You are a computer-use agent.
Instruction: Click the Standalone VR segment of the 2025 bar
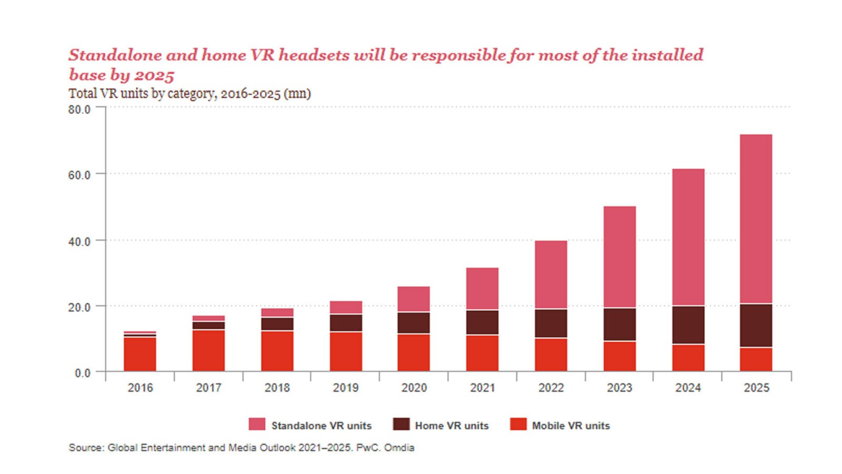click(x=756, y=219)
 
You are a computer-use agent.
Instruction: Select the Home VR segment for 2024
click(x=688, y=325)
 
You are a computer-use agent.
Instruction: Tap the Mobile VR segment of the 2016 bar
click(x=140, y=354)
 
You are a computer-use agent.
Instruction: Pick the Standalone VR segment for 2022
click(x=551, y=274)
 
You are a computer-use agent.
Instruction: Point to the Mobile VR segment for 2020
click(x=414, y=352)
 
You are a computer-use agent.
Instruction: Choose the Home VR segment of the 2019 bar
click(x=346, y=323)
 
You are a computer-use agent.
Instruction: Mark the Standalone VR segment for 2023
click(x=619, y=257)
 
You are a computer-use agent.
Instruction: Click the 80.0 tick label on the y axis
click(x=79, y=110)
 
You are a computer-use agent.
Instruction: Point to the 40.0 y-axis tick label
click(x=79, y=242)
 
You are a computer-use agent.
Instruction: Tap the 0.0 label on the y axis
click(x=82, y=373)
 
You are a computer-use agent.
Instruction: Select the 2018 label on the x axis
click(x=277, y=388)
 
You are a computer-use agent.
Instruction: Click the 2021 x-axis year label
click(x=483, y=388)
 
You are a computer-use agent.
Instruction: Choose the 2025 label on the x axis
click(x=756, y=388)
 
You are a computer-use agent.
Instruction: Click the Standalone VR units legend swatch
click(x=257, y=424)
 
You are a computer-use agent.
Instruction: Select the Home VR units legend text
click(x=452, y=426)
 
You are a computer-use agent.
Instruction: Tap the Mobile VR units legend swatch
click(x=518, y=424)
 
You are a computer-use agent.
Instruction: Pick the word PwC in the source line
click(x=367, y=448)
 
